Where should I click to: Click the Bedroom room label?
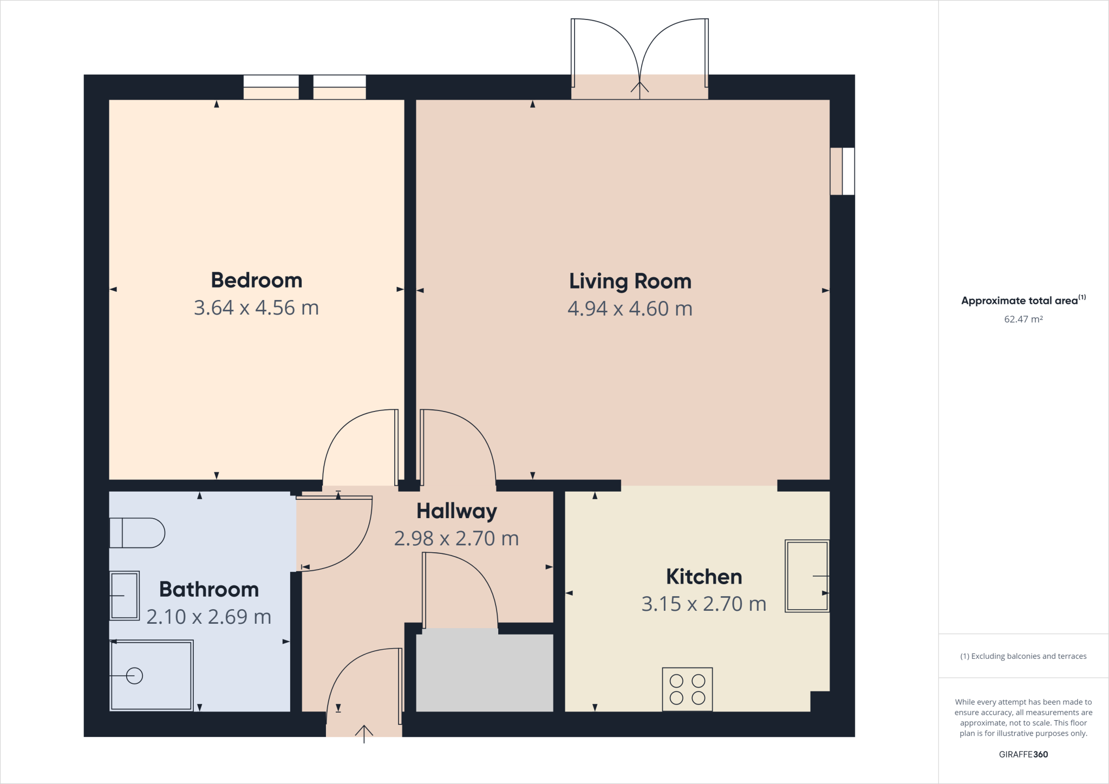(x=256, y=280)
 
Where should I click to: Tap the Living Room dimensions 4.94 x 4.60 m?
(x=630, y=309)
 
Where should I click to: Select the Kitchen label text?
(x=703, y=577)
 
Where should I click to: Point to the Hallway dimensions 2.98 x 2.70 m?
(x=456, y=538)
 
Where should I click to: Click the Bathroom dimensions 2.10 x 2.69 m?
(x=208, y=617)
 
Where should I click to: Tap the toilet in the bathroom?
(x=137, y=533)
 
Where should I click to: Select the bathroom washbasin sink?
(x=125, y=595)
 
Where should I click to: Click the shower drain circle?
(x=134, y=676)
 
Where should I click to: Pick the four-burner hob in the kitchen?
(x=687, y=689)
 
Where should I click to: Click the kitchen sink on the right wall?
(x=807, y=576)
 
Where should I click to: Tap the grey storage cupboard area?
(x=484, y=672)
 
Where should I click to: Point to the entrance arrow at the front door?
(x=364, y=733)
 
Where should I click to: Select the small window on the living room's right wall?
(x=842, y=171)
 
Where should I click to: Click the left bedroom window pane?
(x=271, y=87)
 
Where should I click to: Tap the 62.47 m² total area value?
(x=1023, y=319)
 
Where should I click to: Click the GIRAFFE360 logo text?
(x=1023, y=754)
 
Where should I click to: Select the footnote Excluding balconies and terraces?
(x=1023, y=656)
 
